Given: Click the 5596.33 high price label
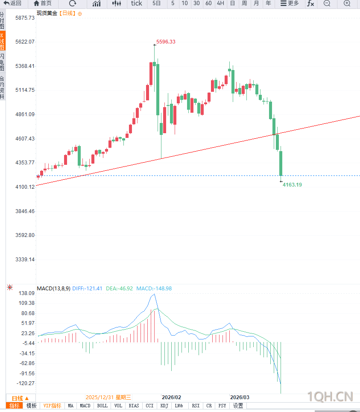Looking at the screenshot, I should click(x=166, y=42).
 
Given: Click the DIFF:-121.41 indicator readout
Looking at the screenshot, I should click(x=87, y=289).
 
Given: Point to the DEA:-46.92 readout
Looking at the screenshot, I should click(x=120, y=289).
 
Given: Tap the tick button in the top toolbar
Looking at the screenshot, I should click(x=137, y=3).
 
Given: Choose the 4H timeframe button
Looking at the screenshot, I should click(x=220, y=3).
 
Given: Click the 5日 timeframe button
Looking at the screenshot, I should click(x=157, y=3).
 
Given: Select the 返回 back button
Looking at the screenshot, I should click(x=13, y=3).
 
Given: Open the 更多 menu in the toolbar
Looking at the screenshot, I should click(x=290, y=3).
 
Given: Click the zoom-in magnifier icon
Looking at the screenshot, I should click(x=347, y=3).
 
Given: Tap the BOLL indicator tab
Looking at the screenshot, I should click(x=102, y=406).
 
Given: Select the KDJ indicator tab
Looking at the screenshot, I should click(x=164, y=406).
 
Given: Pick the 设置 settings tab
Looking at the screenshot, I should click(x=238, y=406).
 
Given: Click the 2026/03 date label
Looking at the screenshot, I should click(x=240, y=397).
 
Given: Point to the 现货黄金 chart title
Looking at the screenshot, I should click(x=47, y=13).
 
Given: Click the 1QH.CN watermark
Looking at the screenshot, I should click(x=330, y=397).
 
